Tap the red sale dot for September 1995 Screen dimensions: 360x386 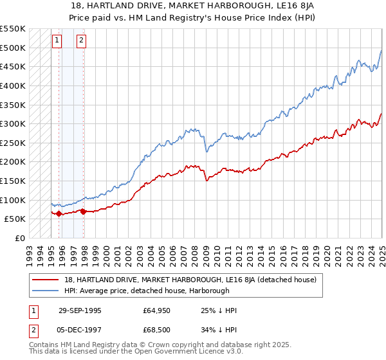(x=59, y=213)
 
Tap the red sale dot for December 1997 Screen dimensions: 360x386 (x=83, y=211)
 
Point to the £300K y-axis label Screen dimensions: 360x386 (x=14, y=123)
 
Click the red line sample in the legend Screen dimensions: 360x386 (x=46, y=280)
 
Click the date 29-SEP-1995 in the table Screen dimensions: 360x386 (x=80, y=310)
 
